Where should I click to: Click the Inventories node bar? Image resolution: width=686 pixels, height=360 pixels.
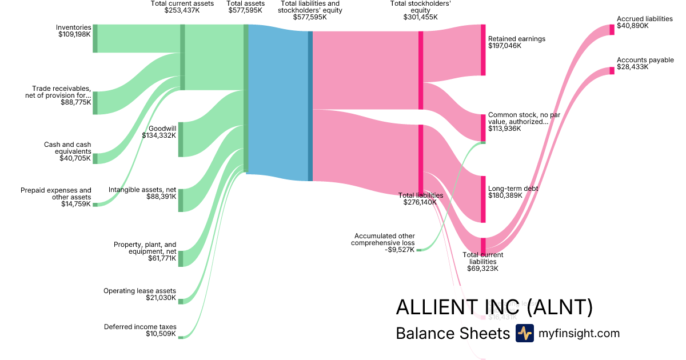coord(95,38)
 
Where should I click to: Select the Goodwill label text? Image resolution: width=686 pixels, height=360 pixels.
coord(162,129)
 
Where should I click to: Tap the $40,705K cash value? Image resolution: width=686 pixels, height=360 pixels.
coord(75,158)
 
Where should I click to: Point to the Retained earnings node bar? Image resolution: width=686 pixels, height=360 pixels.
coord(483,50)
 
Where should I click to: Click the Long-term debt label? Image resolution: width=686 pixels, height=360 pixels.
coord(513,189)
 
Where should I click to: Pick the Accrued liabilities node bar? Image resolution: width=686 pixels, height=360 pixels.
coord(612,30)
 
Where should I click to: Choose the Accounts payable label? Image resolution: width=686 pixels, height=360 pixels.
coord(645,60)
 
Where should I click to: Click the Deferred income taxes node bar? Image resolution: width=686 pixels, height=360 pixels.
coord(181,338)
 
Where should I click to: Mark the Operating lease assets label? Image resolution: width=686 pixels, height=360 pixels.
coord(139,291)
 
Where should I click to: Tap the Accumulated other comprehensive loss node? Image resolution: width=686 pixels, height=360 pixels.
coord(418,250)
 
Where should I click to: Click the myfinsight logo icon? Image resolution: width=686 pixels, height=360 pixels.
coord(524,333)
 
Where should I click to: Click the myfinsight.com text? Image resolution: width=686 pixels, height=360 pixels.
coord(579,333)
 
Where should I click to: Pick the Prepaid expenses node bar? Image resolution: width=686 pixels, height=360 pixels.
coord(95,204)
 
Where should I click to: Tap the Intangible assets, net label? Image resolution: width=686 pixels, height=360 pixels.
coord(142,190)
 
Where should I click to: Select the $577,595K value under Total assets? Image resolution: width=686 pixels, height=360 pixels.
coord(246,10)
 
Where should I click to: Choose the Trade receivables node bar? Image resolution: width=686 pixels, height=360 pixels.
coord(95,103)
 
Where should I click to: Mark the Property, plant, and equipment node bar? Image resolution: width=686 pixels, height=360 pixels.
coord(181,258)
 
